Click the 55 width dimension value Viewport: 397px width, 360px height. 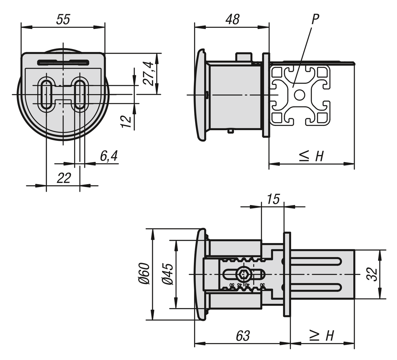[x=63, y=20]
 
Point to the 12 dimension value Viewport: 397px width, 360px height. [x=126, y=121]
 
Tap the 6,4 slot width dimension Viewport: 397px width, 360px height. [x=109, y=156]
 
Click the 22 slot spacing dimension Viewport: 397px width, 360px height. [x=64, y=178]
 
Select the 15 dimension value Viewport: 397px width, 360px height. [x=273, y=199]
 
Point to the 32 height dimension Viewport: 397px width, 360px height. [x=373, y=274]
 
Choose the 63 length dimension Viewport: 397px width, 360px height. [x=243, y=336]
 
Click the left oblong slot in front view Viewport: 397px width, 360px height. [x=46, y=94]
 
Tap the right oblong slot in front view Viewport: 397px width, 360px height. [x=79, y=94]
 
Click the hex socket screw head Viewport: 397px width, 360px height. [x=244, y=275]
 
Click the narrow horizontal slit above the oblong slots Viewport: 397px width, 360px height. [x=63, y=62]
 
